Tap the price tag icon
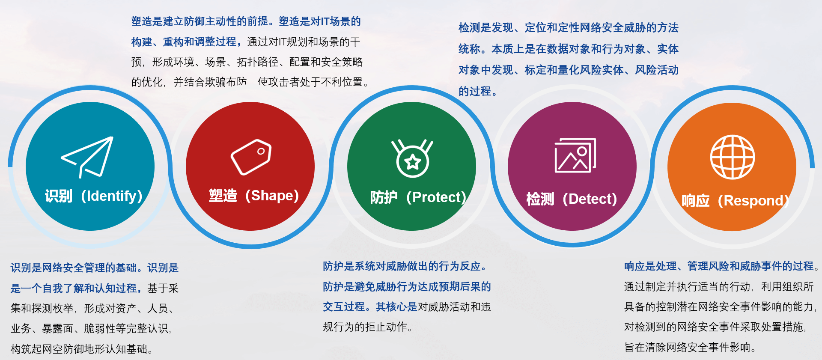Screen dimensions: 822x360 tap(251, 157)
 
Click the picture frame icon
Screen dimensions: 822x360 tap(575, 155)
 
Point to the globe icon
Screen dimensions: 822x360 tap(733, 157)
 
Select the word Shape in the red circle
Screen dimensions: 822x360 tap(272, 195)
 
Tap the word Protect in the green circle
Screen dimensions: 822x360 tap(436, 197)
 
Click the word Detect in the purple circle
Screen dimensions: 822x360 tap(590, 199)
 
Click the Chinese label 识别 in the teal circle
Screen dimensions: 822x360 tap(59, 196)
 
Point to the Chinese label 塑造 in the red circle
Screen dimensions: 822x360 tap(223, 196)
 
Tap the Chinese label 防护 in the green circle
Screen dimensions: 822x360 tap(384, 197)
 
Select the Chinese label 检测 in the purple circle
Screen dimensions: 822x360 tap(540, 199)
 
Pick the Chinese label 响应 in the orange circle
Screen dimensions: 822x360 tap(695, 201)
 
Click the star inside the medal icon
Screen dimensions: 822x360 tap(413, 162)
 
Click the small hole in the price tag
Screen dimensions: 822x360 tap(261, 151)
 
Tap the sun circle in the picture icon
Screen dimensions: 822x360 tap(582, 151)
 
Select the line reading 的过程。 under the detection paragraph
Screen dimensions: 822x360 tap(478, 91)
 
